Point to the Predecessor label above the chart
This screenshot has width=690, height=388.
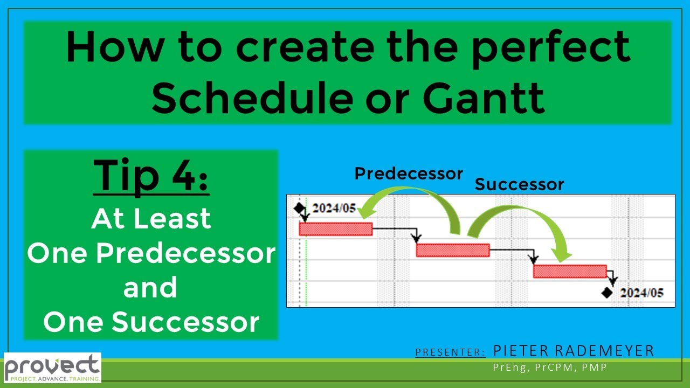pos(409,174)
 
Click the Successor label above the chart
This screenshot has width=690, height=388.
pos(519,185)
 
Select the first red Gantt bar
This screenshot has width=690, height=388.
pos(335,229)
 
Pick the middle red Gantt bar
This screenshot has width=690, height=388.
pos(453,250)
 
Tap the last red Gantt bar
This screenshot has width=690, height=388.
pos(570,271)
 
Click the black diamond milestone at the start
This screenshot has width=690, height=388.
pos(299,209)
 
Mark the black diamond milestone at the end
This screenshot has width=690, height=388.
pos(607,293)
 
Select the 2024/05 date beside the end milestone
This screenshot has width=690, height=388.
pos(641,293)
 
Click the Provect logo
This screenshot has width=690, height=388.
pos(52,368)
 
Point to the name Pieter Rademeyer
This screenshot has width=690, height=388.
pos(574,351)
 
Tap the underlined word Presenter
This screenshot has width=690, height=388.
pos(451,352)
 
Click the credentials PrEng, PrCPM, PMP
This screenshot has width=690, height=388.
pos(550,368)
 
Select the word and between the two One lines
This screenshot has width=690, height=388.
pos(150,288)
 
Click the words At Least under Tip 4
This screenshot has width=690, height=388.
pos(151,219)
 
